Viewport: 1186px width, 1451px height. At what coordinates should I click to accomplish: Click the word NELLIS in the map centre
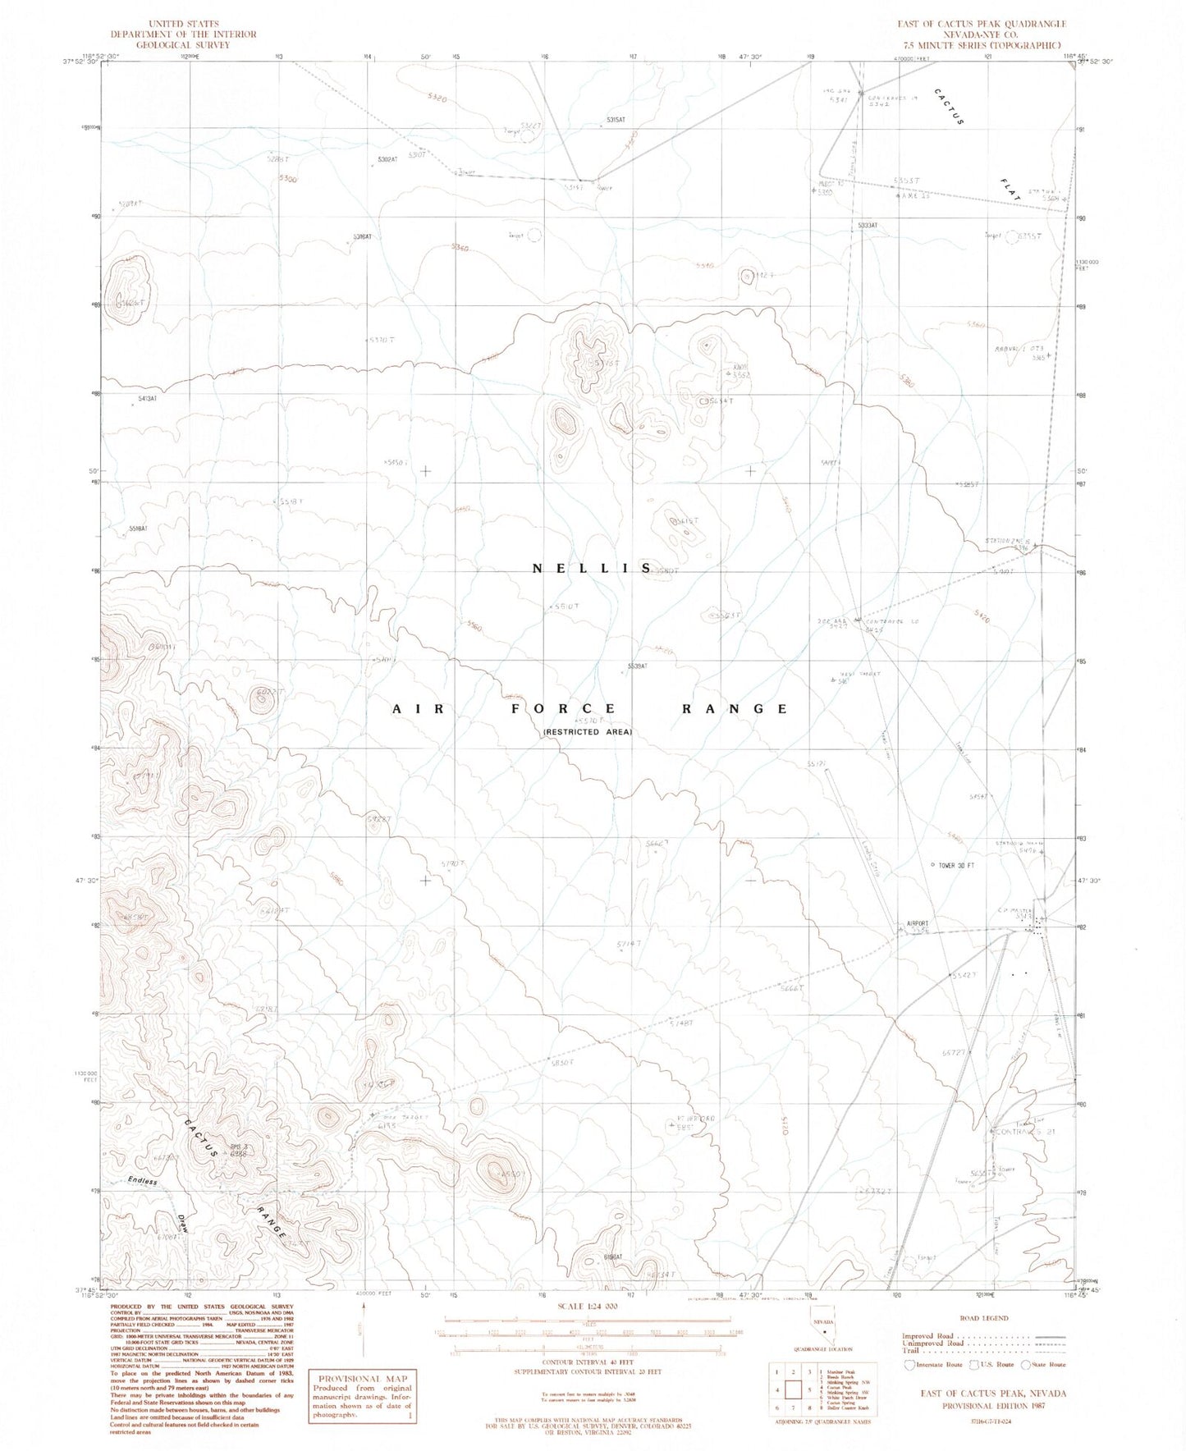point(592,568)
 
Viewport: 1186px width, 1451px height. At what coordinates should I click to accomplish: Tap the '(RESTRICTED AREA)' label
point(587,731)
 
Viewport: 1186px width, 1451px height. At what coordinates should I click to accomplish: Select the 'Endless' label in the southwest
point(142,1181)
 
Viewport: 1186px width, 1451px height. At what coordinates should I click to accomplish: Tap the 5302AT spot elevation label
point(387,158)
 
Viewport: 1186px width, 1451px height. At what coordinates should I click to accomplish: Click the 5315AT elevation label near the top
point(616,120)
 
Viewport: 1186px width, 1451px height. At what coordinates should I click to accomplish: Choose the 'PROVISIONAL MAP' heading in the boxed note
point(361,1378)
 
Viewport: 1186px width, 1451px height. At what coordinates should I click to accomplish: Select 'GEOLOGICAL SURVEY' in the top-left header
point(183,45)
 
